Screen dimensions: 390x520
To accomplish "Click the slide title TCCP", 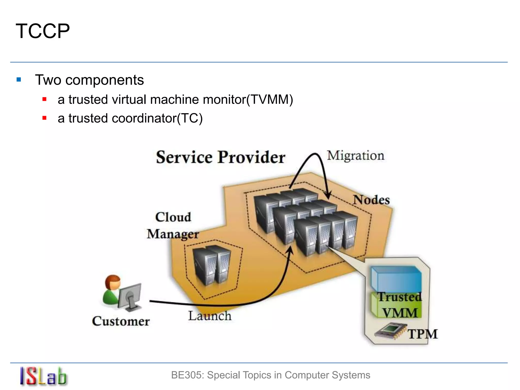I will point(43,31).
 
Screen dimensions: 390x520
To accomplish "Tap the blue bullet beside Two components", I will point(19,80).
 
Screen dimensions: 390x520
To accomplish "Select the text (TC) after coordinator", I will point(190,118).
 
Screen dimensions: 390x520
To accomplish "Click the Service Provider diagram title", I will point(220,157).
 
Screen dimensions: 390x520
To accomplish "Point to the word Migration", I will point(355,155).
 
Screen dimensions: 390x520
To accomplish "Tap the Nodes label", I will point(371,200).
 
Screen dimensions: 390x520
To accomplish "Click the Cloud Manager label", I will point(173,225).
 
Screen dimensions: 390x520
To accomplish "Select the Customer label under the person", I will point(121,321).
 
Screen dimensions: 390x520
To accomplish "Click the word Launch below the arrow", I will point(210,316).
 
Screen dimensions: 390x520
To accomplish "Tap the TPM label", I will point(422,334).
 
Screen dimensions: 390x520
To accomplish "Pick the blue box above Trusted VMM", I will point(396,279).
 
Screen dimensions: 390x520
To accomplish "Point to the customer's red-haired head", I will point(113,282).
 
